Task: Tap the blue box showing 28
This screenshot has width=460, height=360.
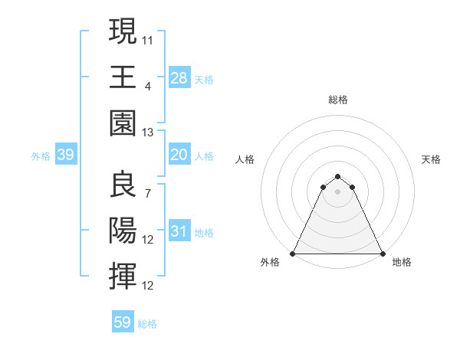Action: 179,77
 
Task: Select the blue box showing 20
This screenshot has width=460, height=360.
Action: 179,155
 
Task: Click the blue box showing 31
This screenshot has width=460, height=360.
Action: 179,231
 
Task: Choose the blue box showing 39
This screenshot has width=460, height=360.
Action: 65,155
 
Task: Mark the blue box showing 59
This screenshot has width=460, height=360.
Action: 123,322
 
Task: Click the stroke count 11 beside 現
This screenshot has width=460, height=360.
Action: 148,38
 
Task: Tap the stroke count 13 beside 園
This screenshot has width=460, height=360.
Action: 148,132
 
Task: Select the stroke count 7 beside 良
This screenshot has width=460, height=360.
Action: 148,193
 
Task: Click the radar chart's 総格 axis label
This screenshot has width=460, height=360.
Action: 338,100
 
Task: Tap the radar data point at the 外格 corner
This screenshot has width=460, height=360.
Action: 293,254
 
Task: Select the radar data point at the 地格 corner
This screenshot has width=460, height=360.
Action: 383,254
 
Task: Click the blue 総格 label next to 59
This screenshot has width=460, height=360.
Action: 147,324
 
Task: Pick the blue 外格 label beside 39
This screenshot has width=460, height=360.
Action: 41,156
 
